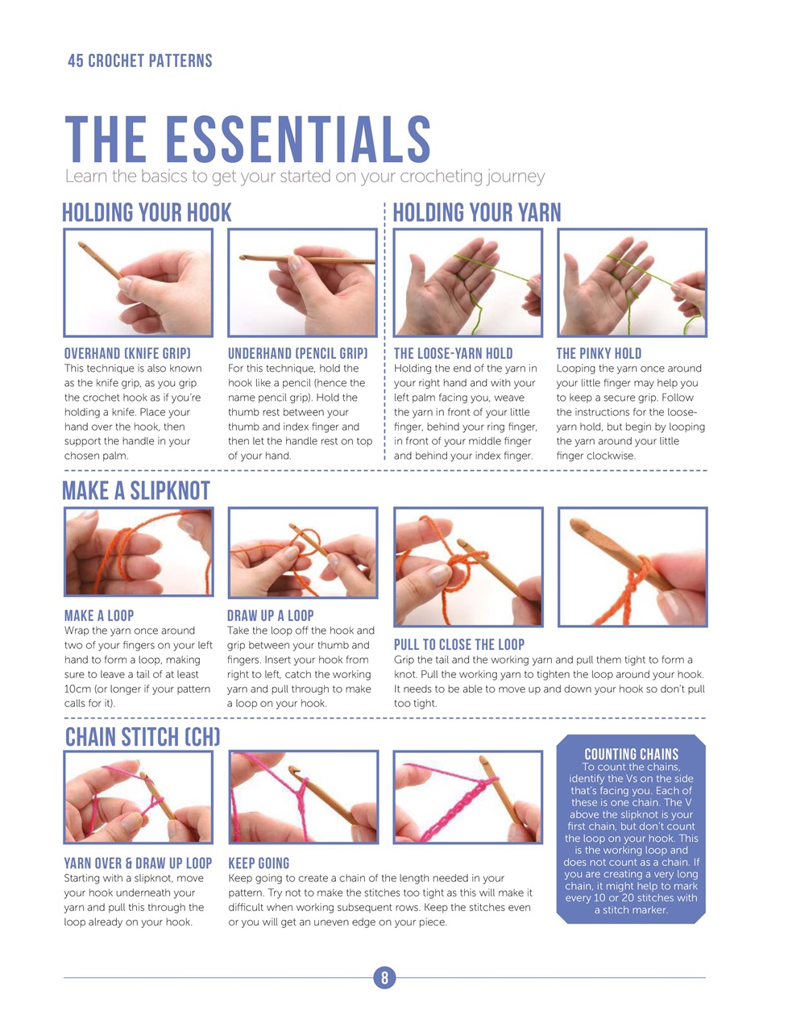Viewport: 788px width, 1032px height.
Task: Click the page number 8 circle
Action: [384, 978]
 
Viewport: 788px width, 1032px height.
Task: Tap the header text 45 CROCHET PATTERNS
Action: [140, 61]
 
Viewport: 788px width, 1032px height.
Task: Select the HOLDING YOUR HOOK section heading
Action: [147, 213]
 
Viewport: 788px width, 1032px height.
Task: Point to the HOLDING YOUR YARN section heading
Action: [477, 213]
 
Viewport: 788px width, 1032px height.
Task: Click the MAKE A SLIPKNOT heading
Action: [136, 491]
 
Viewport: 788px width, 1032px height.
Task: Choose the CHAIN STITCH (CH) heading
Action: [143, 737]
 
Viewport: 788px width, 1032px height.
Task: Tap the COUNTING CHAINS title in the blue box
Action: [631, 754]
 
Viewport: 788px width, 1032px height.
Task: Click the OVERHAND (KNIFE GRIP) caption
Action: [127, 353]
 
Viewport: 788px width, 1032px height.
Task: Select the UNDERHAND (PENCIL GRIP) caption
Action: [297, 353]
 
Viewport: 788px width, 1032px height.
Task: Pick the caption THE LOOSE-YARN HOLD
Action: [453, 353]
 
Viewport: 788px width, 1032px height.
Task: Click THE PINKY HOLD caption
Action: [599, 353]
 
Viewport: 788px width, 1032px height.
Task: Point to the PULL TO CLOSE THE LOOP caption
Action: [458, 644]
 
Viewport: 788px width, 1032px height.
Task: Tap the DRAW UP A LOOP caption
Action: [270, 615]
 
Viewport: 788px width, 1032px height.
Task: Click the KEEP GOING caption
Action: [259, 863]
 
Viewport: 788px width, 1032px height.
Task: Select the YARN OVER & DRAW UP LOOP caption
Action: [138, 863]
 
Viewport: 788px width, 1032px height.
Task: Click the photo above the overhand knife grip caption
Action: [139, 282]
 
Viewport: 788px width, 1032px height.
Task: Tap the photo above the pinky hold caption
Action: [632, 282]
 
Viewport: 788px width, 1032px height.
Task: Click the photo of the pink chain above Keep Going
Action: [304, 797]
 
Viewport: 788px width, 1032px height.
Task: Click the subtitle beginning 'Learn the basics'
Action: [305, 177]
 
